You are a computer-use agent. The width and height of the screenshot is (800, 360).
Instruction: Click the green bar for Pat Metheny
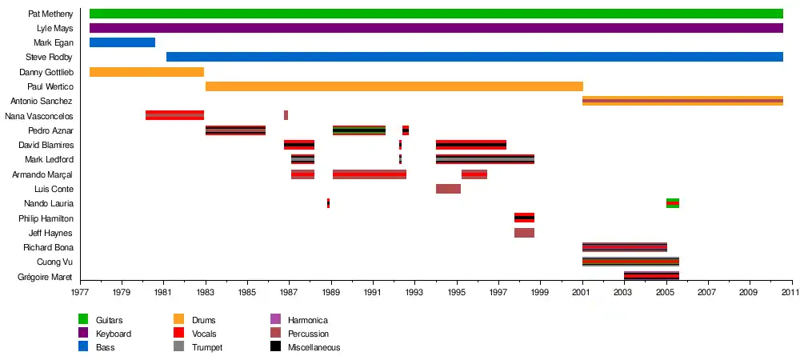(436, 14)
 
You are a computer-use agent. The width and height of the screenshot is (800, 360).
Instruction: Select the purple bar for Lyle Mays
(436, 28)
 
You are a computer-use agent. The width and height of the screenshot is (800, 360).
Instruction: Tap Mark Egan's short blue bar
(122, 42)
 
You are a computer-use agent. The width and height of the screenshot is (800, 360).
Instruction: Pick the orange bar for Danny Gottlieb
(146, 72)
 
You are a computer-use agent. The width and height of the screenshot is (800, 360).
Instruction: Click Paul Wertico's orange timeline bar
(394, 86)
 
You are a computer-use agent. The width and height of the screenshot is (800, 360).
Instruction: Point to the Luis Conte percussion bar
(448, 189)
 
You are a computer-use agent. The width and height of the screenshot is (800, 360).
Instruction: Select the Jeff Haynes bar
(524, 233)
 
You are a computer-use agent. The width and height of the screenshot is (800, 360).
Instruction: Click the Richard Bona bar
(624, 247)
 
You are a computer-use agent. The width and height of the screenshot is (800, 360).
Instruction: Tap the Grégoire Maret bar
(651, 276)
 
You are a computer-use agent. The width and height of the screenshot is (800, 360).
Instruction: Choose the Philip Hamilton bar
(524, 218)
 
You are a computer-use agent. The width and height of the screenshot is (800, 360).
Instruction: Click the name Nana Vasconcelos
(39, 116)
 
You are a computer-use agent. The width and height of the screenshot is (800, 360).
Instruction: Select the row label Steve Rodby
(49, 58)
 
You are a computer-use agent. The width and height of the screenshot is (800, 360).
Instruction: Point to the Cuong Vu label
(55, 262)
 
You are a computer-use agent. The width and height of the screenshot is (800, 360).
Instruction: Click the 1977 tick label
(80, 293)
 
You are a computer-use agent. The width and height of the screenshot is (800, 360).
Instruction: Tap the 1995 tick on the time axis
(457, 293)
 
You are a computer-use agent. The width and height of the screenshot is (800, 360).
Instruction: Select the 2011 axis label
(791, 293)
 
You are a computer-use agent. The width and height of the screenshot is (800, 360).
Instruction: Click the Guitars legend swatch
(83, 320)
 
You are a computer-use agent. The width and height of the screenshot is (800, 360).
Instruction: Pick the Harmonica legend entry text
(307, 320)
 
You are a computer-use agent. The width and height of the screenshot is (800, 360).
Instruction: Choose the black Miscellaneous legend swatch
(275, 347)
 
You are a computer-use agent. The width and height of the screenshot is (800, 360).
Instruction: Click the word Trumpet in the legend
(207, 347)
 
